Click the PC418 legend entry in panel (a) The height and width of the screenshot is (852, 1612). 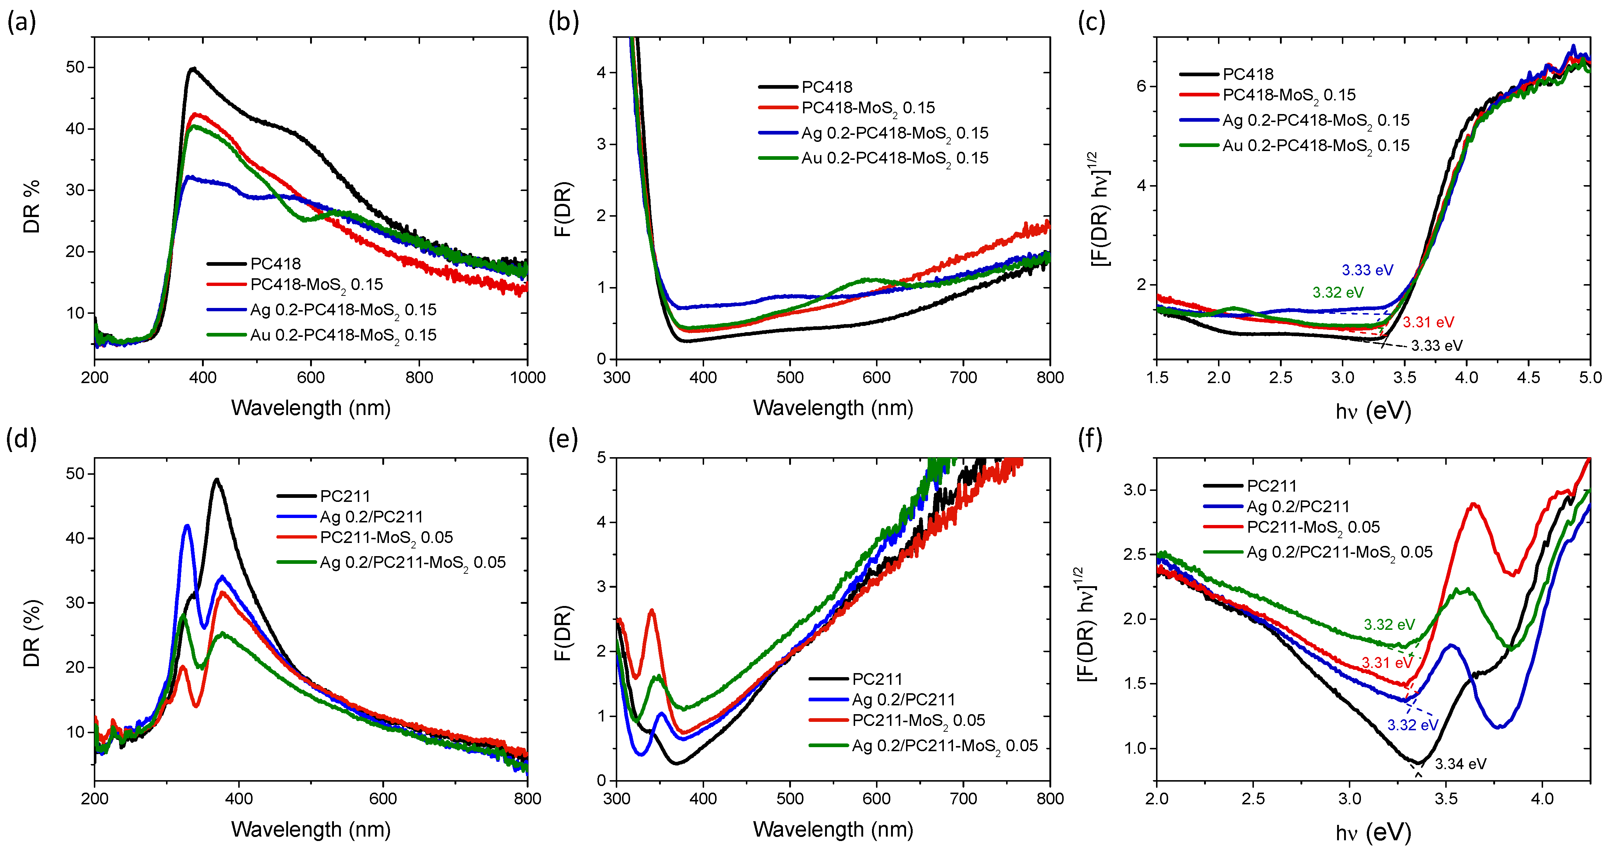275,264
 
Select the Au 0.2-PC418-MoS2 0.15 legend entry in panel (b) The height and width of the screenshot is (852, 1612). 895,158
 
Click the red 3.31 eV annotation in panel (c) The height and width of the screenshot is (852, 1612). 1428,322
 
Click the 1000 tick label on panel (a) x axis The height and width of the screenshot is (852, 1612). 527,378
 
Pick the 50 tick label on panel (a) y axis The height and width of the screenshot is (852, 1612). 75,67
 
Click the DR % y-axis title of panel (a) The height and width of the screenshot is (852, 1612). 31,206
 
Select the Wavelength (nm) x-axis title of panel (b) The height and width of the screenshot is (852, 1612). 833,408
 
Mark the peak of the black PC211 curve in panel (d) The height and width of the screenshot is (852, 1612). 217,480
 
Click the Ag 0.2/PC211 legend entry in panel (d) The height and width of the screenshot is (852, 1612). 371,517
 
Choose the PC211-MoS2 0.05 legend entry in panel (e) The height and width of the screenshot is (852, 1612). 919,720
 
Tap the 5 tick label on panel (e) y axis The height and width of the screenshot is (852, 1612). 601,458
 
